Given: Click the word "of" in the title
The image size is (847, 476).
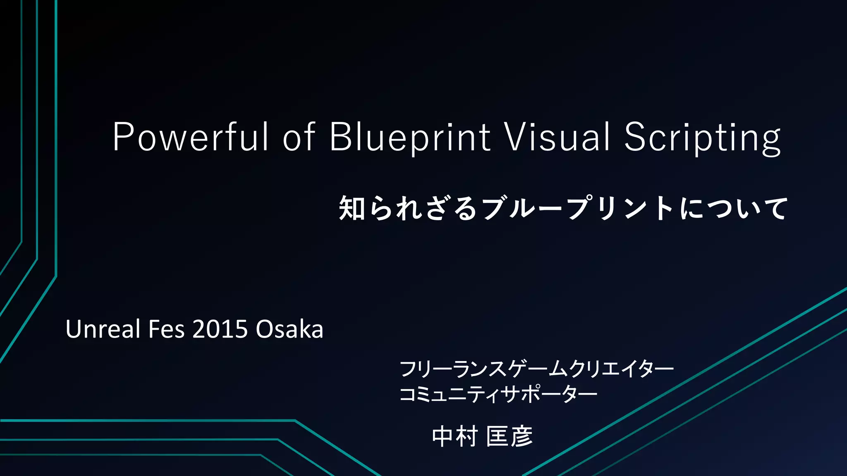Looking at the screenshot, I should (299, 137).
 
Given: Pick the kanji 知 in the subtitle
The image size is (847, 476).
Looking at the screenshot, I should (352, 208).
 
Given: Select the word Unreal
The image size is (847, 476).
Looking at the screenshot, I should (103, 329).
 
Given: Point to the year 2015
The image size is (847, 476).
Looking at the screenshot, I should (220, 329).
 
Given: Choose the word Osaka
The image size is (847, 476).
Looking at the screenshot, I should (290, 329).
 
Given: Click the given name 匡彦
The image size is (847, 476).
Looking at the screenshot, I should (510, 436).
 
